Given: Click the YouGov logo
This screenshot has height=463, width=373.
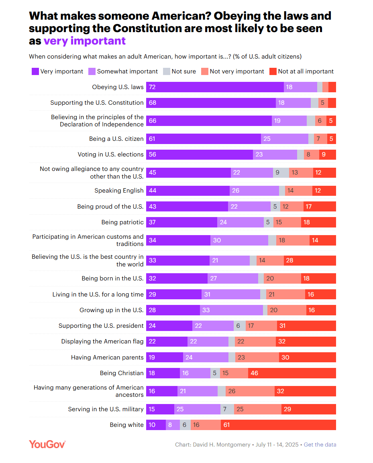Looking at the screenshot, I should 47,444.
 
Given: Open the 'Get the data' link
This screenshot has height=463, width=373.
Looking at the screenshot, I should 320,445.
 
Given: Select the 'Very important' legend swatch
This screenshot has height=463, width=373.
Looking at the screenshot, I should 35,71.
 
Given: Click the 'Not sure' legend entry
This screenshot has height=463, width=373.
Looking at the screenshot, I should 179,71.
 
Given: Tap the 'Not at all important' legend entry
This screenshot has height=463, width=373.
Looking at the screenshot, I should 302,71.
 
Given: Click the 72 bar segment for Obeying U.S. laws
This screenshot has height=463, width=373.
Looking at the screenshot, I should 215,87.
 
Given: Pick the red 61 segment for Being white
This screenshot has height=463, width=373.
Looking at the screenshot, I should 278,425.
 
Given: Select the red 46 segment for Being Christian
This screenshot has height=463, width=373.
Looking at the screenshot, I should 292,373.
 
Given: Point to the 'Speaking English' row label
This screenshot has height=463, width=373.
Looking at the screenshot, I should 119,191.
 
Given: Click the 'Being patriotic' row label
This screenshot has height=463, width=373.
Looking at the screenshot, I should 122,222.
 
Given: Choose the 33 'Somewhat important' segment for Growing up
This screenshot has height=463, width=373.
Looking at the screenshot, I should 231,310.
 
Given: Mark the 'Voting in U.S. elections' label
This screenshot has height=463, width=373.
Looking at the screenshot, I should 110,154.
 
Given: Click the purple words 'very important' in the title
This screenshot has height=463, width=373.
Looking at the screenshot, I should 84,41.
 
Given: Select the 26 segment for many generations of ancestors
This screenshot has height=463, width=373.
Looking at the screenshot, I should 250,391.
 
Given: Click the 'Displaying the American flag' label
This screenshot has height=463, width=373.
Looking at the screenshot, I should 102,341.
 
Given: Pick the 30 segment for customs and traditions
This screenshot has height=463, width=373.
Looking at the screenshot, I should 239,240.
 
